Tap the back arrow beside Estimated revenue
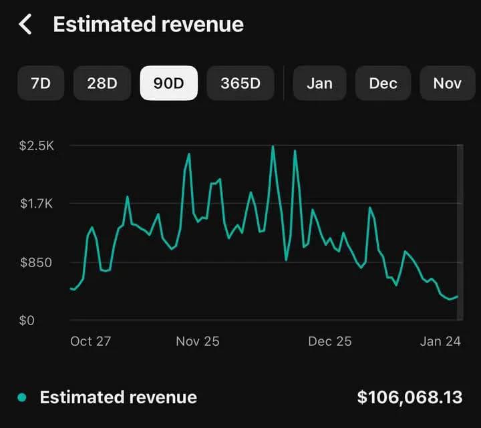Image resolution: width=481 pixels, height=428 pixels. tap(25, 25)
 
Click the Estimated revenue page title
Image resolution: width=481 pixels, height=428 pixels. tap(148, 25)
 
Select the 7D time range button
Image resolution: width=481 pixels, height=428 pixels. tap(41, 83)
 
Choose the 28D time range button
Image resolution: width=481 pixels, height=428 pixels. tap(102, 83)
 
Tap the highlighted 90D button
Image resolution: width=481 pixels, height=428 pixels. tap(168, 83)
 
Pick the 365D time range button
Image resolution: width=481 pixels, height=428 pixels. tap(240, 83)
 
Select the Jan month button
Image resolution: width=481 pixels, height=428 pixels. tap(320, 83)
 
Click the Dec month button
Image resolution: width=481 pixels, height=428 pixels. tap(383, 83)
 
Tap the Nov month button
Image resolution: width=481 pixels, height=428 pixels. tap(447, 83)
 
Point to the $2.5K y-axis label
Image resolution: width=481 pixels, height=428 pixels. tap(37, 146)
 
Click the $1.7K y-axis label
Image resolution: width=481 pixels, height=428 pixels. tap(37, 204)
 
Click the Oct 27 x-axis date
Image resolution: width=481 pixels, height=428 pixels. tap(90, 341)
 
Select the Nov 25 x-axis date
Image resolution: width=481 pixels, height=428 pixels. tap(197, 341)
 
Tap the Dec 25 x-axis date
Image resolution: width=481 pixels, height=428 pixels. tap(329, 341)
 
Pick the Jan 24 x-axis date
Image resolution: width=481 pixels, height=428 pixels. tap(440, 341)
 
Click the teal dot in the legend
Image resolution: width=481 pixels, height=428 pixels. tap(22, 398)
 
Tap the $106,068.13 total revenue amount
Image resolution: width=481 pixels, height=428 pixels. tap(410, 398)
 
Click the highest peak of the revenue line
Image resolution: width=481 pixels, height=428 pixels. tap(273, 146)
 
